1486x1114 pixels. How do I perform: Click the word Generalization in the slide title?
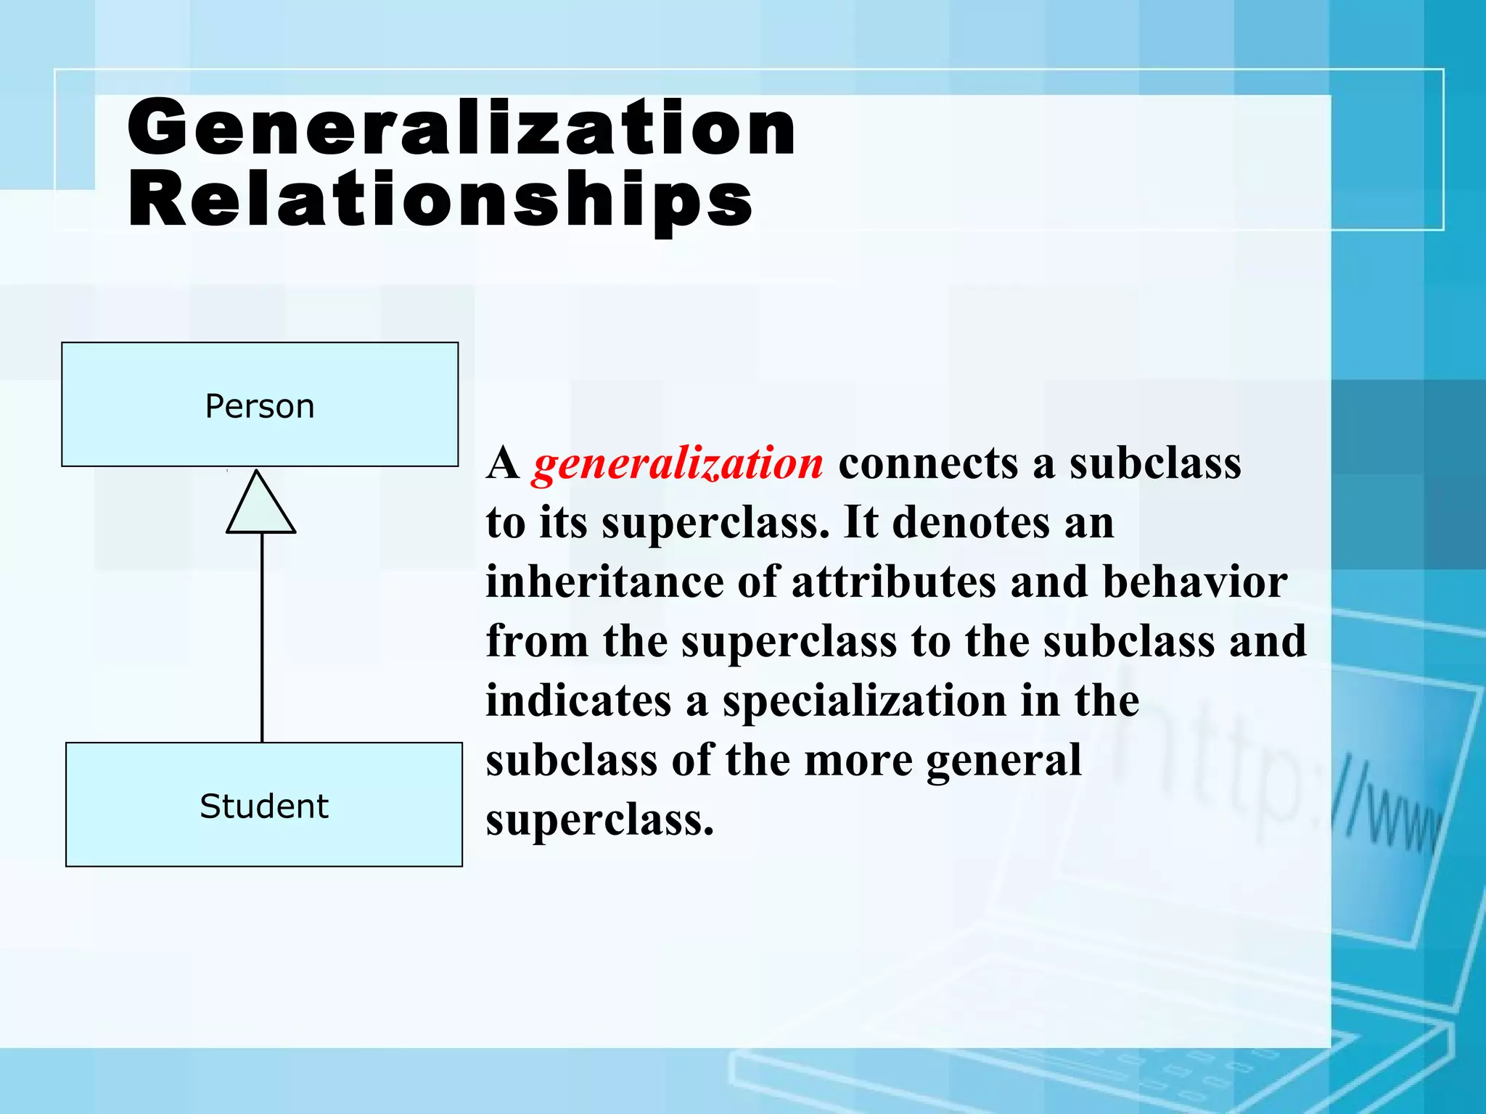click(461, 128)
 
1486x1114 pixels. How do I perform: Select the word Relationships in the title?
click(440, 200)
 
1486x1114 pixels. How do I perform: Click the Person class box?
click(260, 405)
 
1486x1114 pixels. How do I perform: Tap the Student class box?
click(264, 805)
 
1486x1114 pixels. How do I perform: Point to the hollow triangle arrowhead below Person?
click(260, 506)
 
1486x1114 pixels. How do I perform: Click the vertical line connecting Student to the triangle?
click(262, 638)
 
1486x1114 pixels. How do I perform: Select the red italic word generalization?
click(678, 464)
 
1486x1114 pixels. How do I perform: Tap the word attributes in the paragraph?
click(894, 582)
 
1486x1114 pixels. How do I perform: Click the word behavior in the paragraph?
click(1195, 582)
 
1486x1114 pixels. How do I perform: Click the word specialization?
click(863, 702)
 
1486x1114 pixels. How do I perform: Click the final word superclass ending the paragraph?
click(599, 821)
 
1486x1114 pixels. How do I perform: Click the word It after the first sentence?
click(861, 522)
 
